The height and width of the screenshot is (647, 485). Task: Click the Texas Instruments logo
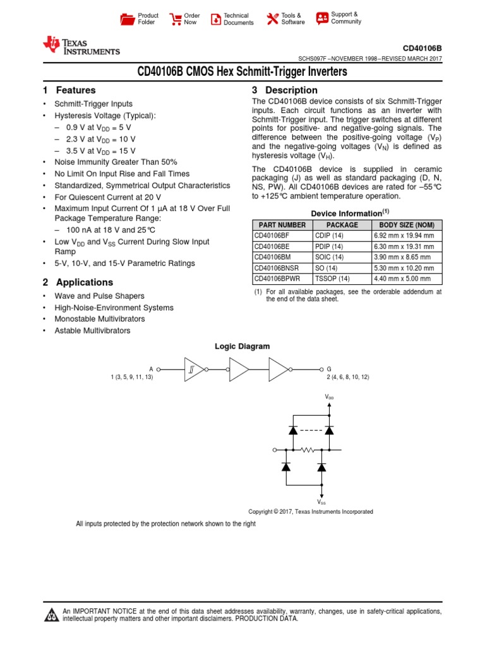point(80,45)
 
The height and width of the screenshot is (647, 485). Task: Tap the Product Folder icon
point(127,19)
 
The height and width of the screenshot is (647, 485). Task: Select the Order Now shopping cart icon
point(175,19)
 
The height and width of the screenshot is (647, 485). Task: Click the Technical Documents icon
point(215,19)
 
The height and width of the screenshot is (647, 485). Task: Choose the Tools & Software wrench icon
point(272,19)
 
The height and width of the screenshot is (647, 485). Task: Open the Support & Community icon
point(322,18)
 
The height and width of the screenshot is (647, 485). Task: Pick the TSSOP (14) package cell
point(341,279)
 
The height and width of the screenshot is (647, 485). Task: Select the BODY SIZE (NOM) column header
point(406,225)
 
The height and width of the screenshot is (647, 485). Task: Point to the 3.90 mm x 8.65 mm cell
point(406,257)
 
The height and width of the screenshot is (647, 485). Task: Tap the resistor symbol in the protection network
point(308,450)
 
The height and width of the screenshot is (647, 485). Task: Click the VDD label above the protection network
point(329,397)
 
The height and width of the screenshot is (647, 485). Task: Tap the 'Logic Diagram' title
point(242,346)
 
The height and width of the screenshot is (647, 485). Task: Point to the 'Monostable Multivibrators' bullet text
point(100,319)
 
